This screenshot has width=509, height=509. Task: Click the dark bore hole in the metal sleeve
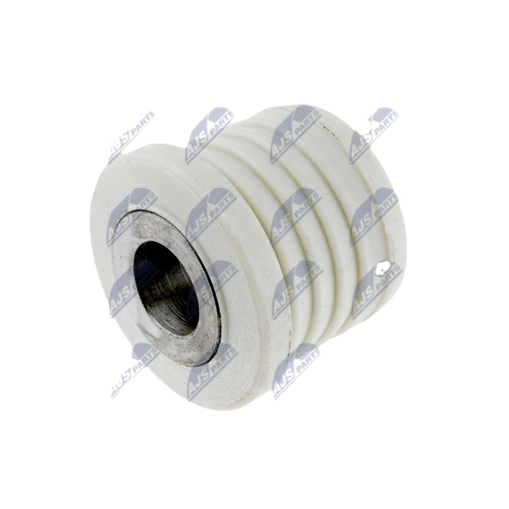(x=166, y=288)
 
